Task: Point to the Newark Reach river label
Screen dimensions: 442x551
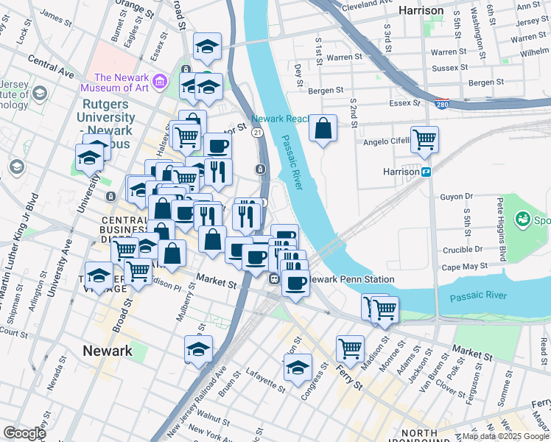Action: click(278, 119)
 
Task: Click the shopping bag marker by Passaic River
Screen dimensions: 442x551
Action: click(323, 129)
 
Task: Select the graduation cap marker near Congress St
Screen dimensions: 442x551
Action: click(298, 368)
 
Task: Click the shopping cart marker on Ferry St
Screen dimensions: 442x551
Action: click(350, 348)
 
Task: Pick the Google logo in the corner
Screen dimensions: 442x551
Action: click(24, 432)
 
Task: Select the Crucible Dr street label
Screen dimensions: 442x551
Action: click(463, 249)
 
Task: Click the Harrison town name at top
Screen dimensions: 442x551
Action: click(421, 11)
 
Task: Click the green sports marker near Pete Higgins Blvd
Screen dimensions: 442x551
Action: click(523, 219)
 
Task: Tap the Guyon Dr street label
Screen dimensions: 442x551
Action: click(456, 197)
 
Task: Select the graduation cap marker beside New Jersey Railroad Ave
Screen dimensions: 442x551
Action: click(198, 349)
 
